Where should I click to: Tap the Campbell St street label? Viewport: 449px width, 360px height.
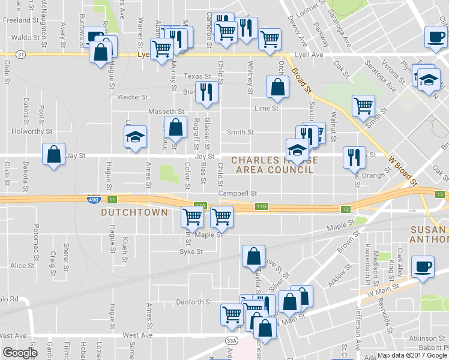237,193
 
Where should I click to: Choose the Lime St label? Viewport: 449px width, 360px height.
267,109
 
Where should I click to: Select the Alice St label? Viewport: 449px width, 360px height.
22,265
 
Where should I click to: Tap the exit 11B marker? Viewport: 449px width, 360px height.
261,206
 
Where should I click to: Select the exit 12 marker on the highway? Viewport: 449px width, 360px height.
345,209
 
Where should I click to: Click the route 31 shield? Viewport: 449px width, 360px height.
21,55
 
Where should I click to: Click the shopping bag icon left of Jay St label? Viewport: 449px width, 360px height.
54,155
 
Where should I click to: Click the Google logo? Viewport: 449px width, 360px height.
20,352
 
